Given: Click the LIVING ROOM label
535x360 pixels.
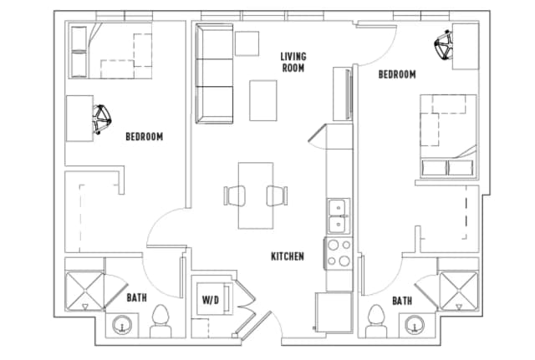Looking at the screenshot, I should (x=293, y=62).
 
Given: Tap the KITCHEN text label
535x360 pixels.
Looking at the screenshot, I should (x=287, y=256).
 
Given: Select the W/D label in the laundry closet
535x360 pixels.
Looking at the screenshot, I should (x=209, y=300).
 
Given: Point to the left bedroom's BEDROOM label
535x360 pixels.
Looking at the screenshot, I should (x=144, y=136).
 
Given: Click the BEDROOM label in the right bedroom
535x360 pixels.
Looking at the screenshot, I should (x=397, y=74).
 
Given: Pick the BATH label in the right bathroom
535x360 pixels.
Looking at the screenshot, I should (x=402, y=301).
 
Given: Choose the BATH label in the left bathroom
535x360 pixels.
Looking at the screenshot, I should (x=137, y=297).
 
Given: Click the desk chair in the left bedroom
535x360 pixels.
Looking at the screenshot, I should (x=103, y=119).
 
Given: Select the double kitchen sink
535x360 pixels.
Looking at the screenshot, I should (x=339, y=215).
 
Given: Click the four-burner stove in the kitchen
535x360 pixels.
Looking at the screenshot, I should (x=338, y=252).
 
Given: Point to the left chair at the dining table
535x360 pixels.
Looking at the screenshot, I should (x=233, y=195).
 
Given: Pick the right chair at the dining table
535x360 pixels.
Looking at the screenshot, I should (x=277, y=195).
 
